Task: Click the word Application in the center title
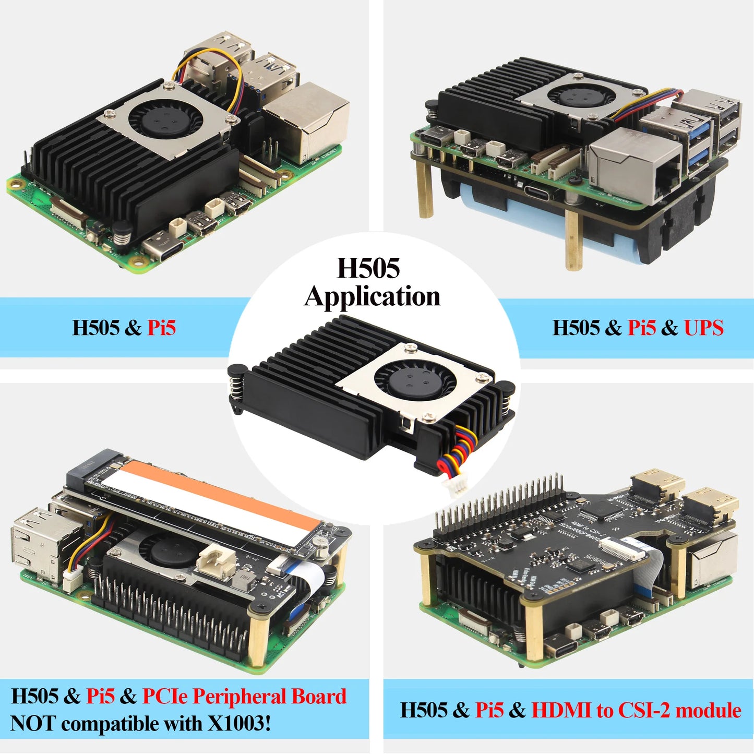(372, 296)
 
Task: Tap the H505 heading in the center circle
(368, 268)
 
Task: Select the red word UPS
(703, 328)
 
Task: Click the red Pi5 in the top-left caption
(161, 328)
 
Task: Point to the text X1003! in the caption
(240, 724)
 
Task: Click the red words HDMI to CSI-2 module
(636, 710)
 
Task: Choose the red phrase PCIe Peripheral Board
(244, 697)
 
